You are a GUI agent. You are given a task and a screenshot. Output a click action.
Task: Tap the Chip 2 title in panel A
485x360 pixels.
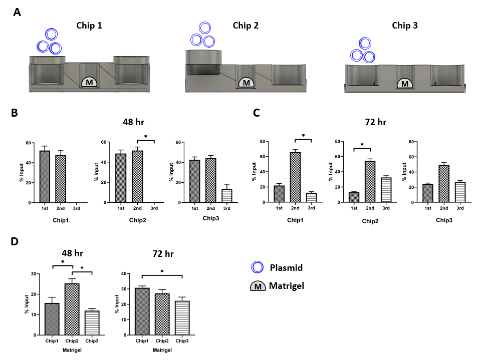pos(246,26)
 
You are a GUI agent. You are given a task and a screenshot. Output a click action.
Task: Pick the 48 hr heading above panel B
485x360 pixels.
pos(134,122)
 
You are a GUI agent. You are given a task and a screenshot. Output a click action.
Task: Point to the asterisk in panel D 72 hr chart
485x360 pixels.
pos(161,271)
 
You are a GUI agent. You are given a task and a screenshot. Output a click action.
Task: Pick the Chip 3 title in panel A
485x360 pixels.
pos(404,26)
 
